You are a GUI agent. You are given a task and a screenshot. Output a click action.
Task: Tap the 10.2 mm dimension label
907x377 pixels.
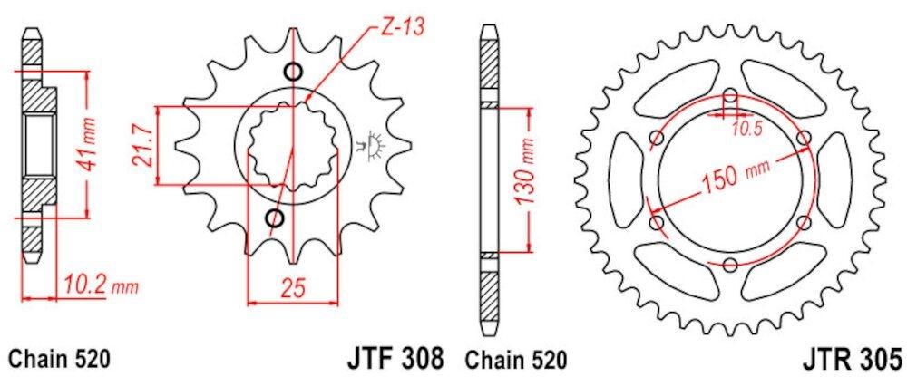101,287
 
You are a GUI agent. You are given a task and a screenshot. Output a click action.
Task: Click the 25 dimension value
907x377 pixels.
291,287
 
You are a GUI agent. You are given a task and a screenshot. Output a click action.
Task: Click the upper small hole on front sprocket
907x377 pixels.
291,72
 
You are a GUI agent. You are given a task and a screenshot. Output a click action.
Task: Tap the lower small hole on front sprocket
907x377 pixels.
274,217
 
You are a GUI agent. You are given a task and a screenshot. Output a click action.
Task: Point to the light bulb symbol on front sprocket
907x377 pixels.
370,143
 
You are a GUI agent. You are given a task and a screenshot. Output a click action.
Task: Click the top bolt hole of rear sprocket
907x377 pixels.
731,94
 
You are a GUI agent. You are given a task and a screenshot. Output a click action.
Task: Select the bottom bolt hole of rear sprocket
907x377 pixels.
731,264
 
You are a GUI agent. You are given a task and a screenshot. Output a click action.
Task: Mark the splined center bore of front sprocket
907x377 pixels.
288,145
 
